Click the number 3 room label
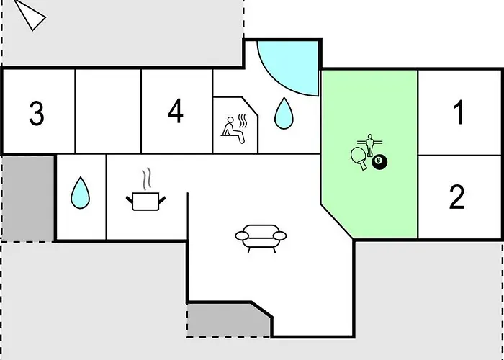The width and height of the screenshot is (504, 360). pyautogui.click(x=37, y=113)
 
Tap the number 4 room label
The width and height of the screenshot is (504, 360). pyautogui.click(x=176, y=111)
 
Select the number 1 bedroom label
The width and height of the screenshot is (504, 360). pyautogui.click(x=459, y=112)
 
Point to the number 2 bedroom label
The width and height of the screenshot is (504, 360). pyautogui.click(x=456, y=197)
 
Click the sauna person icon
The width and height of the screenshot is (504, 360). pyautogui.click(x=233, y=130)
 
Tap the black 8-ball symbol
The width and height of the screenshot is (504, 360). pyautogui.click(x=379, y=162)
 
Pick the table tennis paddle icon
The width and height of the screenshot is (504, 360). pyautogui.click(x=359, y=158)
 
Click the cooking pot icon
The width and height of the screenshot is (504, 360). pyautogui.click(x=145, y=202)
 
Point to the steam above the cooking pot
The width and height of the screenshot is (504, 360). pyautogui.click(x=147, y=179)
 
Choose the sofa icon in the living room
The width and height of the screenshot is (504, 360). pyautogui.click(x=261, y=238)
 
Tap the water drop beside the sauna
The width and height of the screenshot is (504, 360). pyautogui.click(x=284, y=114)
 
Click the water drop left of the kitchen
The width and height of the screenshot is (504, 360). pyautogui.click(x=81, y=193)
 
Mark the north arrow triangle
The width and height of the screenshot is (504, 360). pyautogui.click(x=30, y=15)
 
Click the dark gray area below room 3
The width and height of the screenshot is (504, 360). pyautogui.click(x=27, y=199)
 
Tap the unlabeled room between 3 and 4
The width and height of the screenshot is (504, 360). pyautogui.click(x=108, y=111)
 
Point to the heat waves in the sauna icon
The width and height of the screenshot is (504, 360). pyautogui.click(x=242, y=122)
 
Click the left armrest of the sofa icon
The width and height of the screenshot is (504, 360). pyautogui.click(x=242, y=236)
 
